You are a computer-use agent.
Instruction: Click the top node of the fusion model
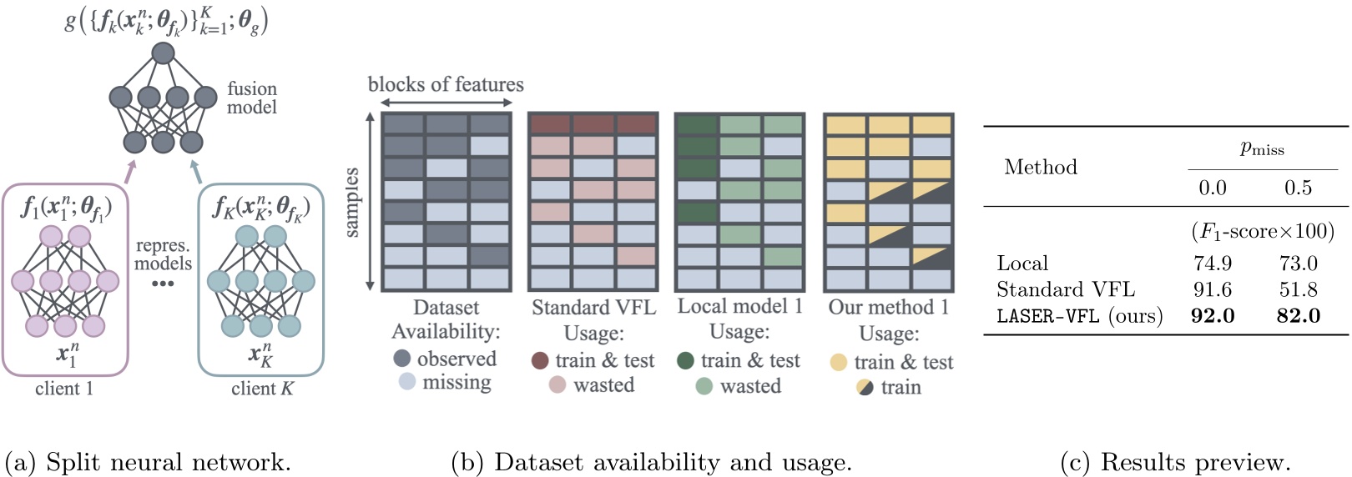pyautogui.click(x=163, y=53)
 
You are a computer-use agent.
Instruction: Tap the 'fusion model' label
pyautogui.click(x=251, y=98)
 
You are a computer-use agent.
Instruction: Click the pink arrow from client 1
pyautogui.click(x=129, y=171)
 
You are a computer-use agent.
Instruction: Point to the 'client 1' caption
pyautogui.click(x=64, y=389)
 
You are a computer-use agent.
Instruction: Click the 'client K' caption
pyautogui.click(x=262, y=389)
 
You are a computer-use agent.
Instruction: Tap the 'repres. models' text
pyautogui.click(x=163, y=254)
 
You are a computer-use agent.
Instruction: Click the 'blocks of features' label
pyautogui.click(x=446, y=84)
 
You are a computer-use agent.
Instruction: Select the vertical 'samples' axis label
pyautogui.click(x=351, y=203)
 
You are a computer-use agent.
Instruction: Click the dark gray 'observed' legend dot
pyautogui.click(x=402, y=359)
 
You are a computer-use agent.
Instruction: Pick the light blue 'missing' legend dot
pyautogui.click(x=406, y=382)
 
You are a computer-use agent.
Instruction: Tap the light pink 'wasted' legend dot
pyautogui.click(x=557, y=384)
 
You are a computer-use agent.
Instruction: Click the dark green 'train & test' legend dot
pyautogui.click(x=685, y=360)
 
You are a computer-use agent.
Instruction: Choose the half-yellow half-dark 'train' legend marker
pyautogui.click(x=865, y=387)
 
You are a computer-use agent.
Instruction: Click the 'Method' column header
pyautogui.click(x=1041, y=167)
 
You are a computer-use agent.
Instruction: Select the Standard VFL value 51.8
pyautogui.click(x=1298, y=289)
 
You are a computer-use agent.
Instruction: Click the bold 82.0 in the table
pyautogui.click(x=1298, y=316)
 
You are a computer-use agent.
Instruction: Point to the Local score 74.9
pyautogui.click(x=1213, y=264)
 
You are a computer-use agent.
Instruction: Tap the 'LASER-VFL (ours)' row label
pyautogui.click(x=1079, y=316)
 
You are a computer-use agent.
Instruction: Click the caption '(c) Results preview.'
pyautogui.click(x=1175, y=462)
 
